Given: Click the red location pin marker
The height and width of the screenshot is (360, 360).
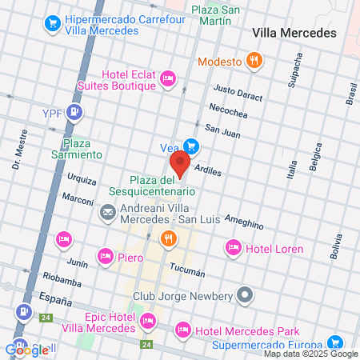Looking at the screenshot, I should [180, 163].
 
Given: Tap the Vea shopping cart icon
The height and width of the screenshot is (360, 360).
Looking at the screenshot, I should [191, 146].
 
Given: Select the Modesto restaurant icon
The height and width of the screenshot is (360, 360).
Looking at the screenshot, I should [254, 60].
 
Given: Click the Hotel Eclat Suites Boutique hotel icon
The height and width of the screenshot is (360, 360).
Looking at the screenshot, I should [167, 78].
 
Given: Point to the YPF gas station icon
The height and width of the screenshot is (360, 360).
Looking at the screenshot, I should [74, 112].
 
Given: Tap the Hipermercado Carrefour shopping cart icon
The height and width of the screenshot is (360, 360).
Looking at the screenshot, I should [54, 23].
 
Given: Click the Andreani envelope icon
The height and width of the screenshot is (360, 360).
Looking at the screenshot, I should [106, 214].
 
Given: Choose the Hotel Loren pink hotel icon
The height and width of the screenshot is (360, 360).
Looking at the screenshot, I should [234, 248].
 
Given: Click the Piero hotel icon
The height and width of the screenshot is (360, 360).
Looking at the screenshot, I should [105, 257].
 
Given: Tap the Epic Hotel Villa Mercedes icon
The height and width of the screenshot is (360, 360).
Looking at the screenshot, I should [147, 322].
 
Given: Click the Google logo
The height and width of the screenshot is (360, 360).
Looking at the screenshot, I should [27, 349].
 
